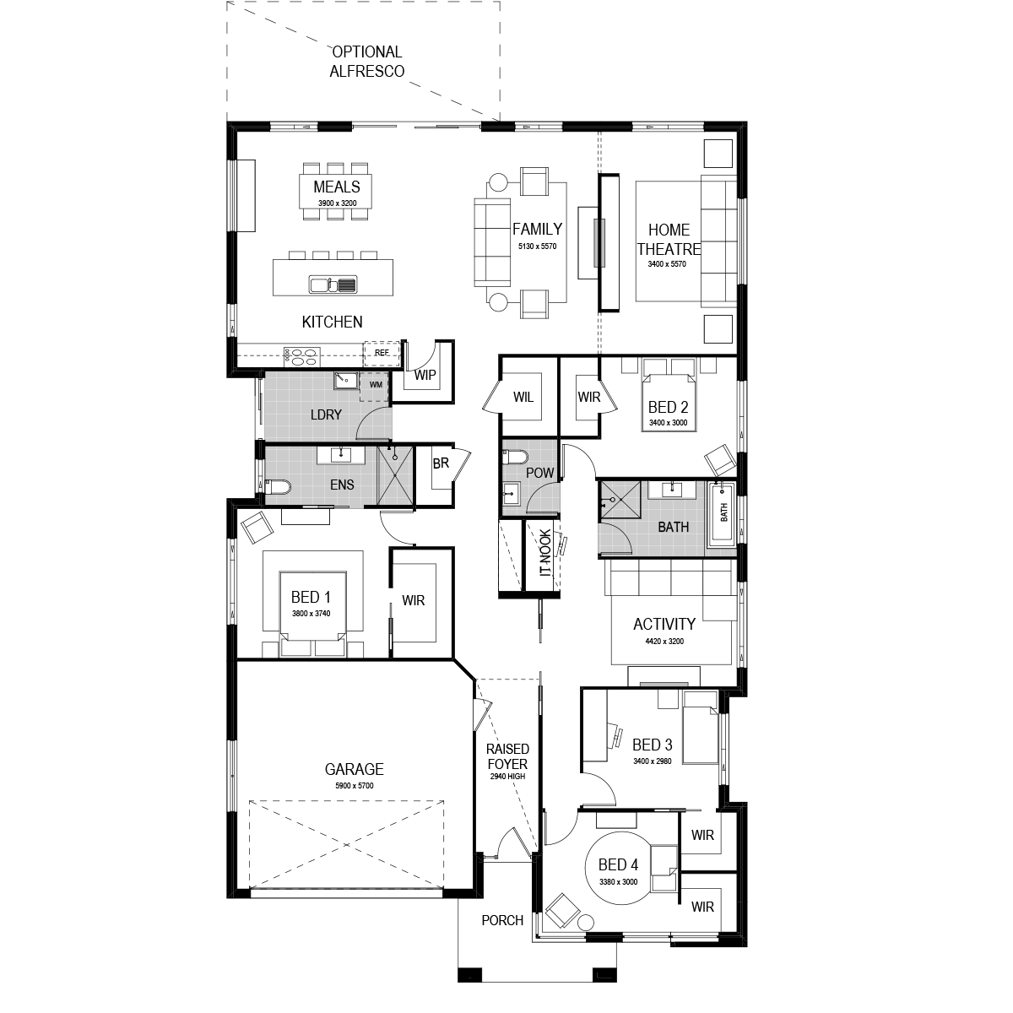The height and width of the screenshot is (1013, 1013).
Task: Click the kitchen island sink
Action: click(333, 284)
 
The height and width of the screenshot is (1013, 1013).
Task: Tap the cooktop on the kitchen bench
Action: click(301, 356)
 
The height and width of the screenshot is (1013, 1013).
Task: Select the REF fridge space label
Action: click(382, 352)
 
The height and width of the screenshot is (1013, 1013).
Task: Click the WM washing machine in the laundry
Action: click(376, 385)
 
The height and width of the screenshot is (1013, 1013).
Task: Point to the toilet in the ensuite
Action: click(278, 487)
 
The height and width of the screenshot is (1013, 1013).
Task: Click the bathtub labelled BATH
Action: click(723, 513)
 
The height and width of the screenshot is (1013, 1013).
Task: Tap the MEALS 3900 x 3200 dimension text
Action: click(337, 203)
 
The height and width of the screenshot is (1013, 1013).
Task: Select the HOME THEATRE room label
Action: click(669, 239)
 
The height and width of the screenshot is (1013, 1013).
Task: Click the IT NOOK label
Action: click(545, 553)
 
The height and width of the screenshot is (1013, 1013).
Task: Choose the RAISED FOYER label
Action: click(507, 756)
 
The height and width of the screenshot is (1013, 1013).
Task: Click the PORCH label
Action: click(502, 920)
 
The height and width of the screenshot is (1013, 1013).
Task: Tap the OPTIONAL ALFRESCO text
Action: click(367, 62)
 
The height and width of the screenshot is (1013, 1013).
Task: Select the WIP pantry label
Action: click(425, 375)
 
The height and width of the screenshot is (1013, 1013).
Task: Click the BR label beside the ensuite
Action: click(441, 463)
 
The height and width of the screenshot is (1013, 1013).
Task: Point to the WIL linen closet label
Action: click(523, 397)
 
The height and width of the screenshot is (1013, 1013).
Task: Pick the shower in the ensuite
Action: click(396, 476)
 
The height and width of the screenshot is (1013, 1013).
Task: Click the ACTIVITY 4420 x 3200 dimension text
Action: click(664, 641)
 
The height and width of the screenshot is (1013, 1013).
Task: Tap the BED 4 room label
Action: click(618, 864)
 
